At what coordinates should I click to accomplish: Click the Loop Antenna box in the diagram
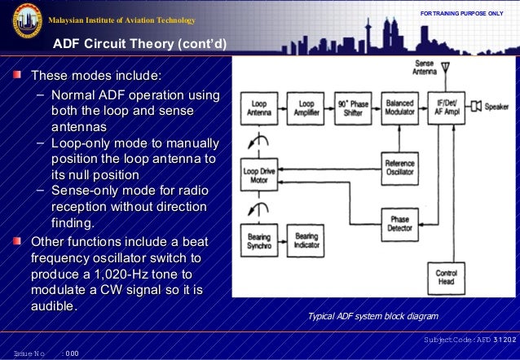258,109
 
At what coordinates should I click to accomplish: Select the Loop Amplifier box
306,109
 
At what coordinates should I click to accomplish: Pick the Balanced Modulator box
400,109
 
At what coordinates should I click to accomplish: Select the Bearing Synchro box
258,241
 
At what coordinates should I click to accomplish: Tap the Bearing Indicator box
306,241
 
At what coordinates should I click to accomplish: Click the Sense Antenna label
424,68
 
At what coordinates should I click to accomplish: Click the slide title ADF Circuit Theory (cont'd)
139,44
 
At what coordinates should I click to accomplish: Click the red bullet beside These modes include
18,77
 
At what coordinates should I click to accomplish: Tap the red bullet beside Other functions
18,242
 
